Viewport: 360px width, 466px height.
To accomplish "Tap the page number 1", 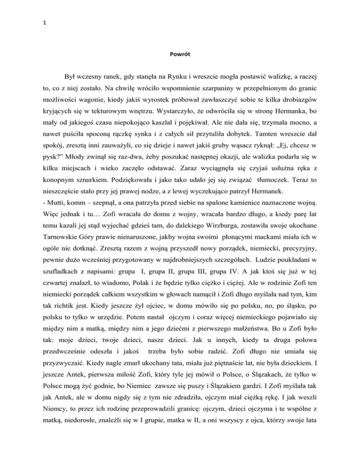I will pos(8,8).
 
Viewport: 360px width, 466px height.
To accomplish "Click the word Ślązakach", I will pos(261,428).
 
